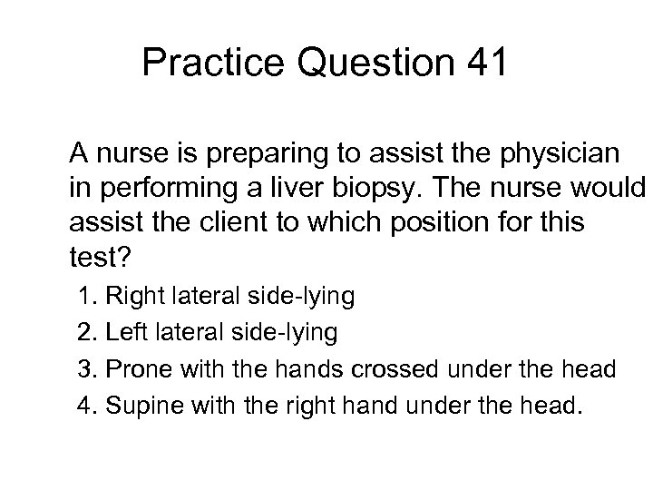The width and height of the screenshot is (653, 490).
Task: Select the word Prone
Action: pyautogui.click(x=135, y=369)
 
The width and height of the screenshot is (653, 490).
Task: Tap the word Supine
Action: pyautogui.click(x=140, y=407)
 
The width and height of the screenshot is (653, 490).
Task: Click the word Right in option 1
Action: pyautogui.click(x=132, y=298)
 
